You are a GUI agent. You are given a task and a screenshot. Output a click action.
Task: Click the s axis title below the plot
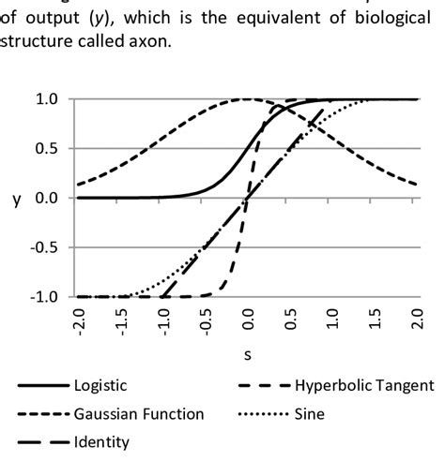pyautogui.click(x=248, y=357)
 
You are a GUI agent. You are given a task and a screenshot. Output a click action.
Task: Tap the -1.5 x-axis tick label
pyautogui.click(x=121, y=322)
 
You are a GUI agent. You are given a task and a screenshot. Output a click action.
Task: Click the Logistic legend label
pyautogui.click(x=100, y=385)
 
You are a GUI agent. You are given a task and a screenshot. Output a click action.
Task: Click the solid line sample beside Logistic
pyautogui.click(x=38, y=385)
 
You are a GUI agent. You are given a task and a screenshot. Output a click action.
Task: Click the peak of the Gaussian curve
pyautogui.click(x=248, y=99)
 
